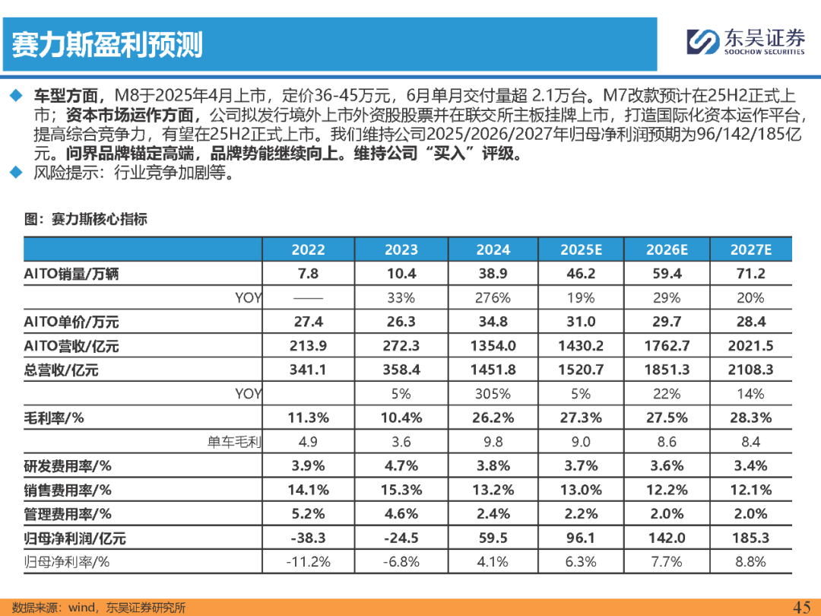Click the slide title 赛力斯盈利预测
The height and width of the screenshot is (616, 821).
tap(107, 45)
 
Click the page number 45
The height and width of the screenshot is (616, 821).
tap(801, 606)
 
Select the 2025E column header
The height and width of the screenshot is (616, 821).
tap(581, 249)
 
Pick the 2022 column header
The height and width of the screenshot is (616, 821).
tap(308, 249)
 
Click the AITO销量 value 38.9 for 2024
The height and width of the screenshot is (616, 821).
tap(493, 274)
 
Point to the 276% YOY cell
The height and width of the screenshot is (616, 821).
tap(493, 297)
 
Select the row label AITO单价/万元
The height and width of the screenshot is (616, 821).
tap(71, 322)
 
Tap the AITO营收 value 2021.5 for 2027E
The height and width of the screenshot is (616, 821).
tap(750, 346)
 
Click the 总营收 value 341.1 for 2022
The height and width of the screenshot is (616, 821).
tap(308, 370)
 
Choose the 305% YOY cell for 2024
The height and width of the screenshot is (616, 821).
tap(493, 394)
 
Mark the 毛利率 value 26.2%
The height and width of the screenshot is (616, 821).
tap(493, 418)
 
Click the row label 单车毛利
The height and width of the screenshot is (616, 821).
tap(233, 442)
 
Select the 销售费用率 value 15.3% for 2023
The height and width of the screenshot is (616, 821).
tap(401, 490)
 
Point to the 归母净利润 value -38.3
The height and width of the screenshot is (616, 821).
tap(308, 538)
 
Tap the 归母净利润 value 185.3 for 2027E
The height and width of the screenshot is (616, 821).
tap(750, 538)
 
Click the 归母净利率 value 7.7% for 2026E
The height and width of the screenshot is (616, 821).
tap(667, 562)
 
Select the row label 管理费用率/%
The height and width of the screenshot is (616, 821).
tap(68, 514)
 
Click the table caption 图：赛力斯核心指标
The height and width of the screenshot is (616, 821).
tap(85, 219)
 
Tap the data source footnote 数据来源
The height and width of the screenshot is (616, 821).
tap(99, 607)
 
